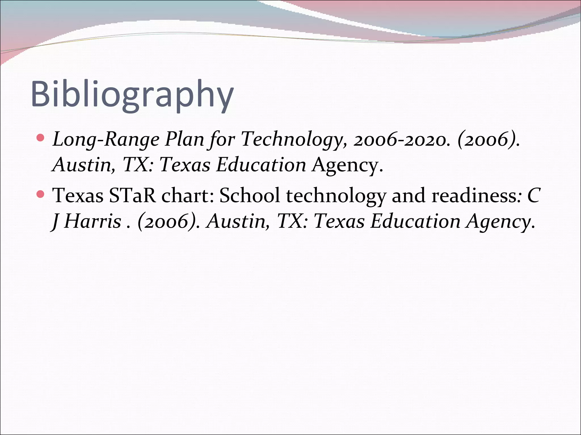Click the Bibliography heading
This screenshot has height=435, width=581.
[132, 94]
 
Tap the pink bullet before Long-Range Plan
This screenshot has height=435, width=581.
[41, 138]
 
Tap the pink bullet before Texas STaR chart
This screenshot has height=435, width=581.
[41, 194]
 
